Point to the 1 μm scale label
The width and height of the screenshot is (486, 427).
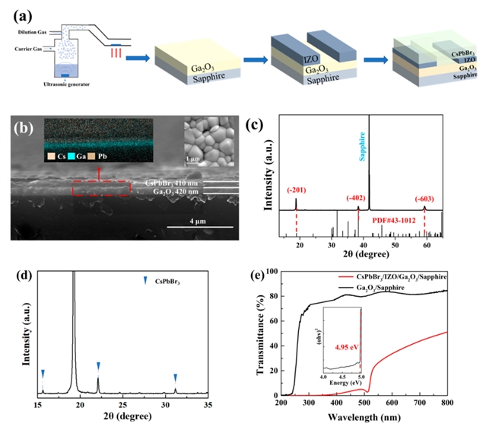point(195,158)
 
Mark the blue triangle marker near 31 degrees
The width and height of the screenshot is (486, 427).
point(176,377)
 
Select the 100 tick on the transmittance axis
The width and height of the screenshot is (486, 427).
point(269,271)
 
